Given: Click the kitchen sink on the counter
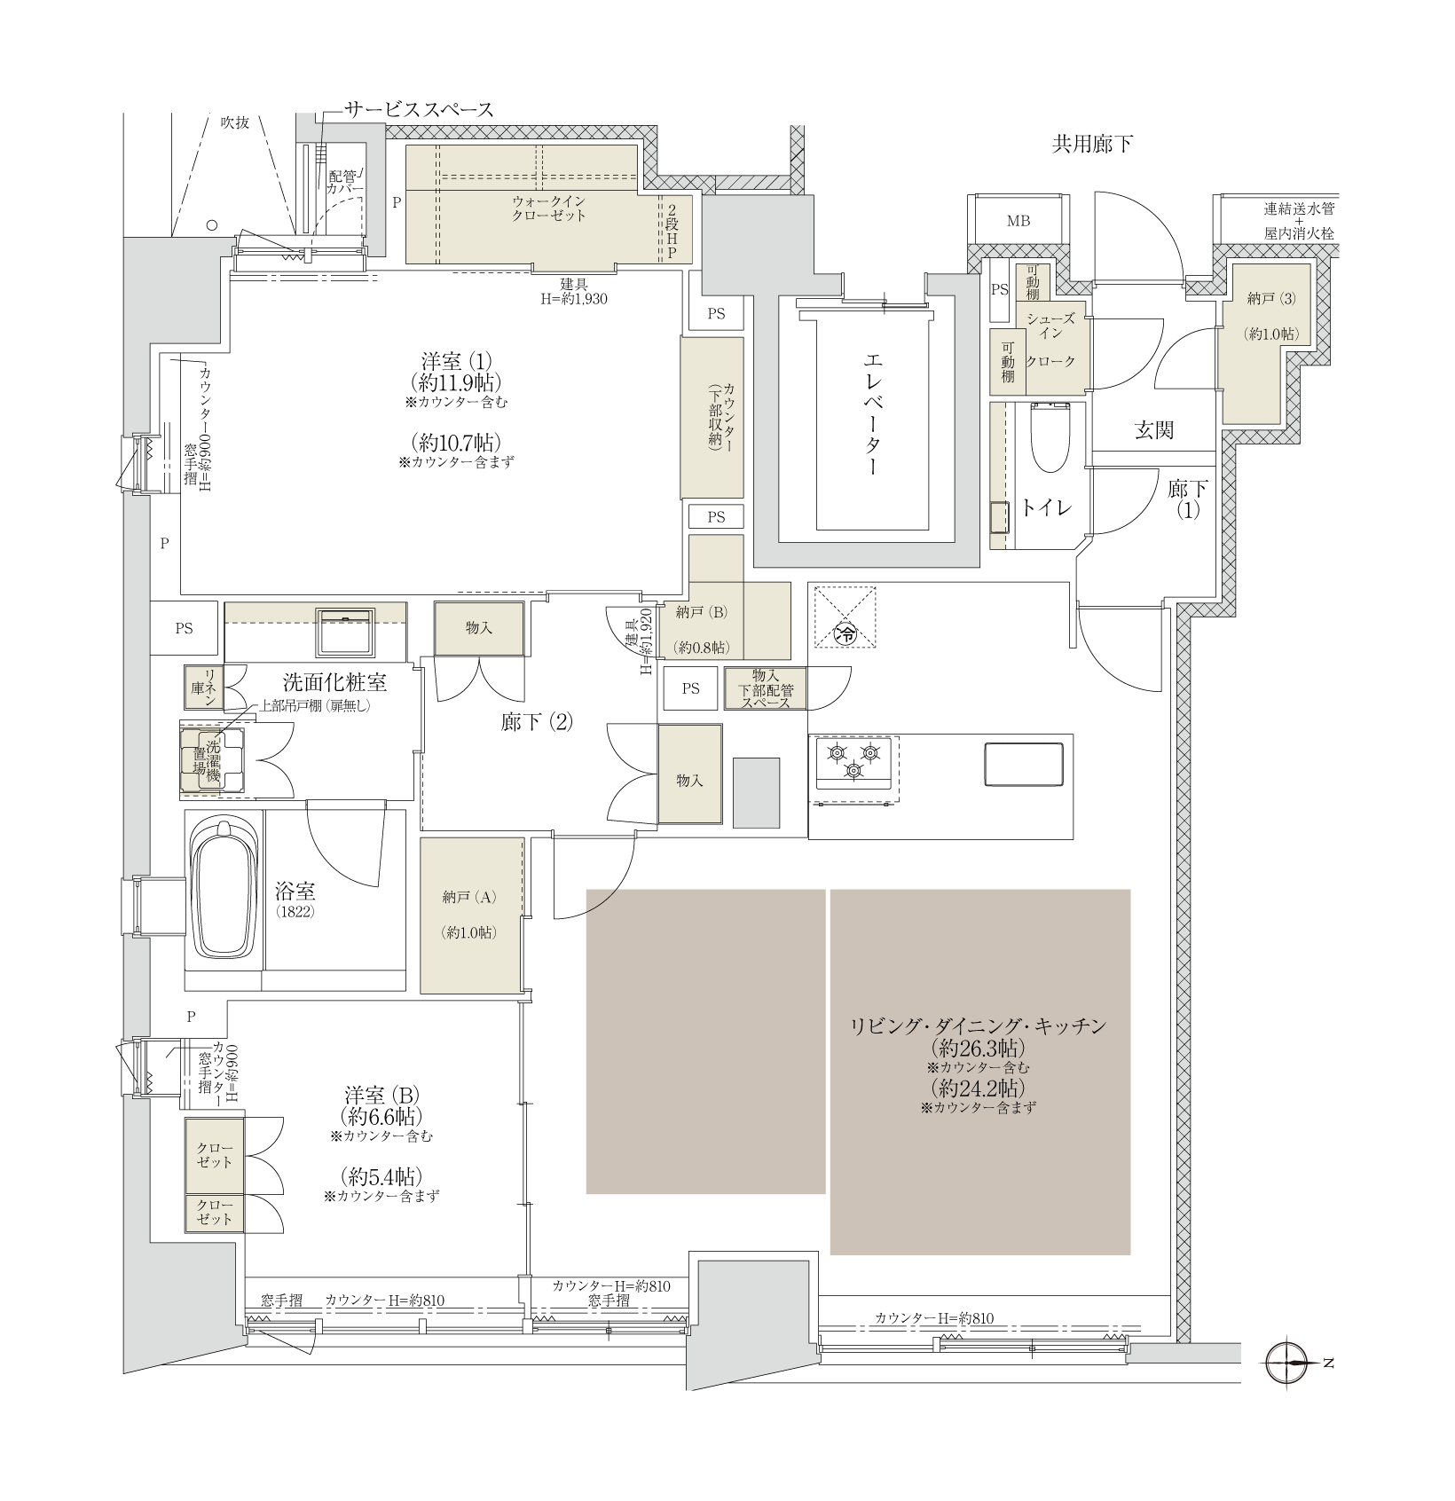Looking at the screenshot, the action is [1023, 765].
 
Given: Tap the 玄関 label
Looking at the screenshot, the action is [1154, 430].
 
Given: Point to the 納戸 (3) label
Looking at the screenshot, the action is [1271, 299].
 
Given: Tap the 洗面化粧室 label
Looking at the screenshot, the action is [334, 682].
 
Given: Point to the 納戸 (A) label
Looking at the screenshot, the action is [469, 897].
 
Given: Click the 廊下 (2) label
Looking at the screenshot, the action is [537, 722].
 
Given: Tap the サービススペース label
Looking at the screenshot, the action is [419, 109].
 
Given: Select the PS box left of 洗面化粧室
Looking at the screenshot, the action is [184, 628].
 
